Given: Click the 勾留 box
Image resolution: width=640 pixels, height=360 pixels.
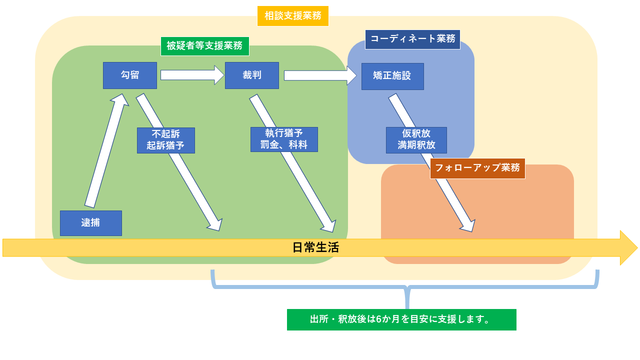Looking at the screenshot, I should click(130, 75).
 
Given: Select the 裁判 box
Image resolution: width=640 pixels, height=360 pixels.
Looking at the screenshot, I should click(251, 75).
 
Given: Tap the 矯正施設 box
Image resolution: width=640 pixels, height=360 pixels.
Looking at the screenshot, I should click(392, 76).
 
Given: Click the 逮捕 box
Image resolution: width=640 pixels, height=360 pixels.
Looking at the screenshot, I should click(90, 223).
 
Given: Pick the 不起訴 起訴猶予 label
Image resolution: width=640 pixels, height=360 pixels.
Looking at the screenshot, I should click(165, 140).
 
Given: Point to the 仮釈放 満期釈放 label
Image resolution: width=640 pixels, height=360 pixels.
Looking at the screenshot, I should click(416, 140).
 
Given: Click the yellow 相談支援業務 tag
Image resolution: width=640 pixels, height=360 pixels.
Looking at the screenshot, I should click(292, 15).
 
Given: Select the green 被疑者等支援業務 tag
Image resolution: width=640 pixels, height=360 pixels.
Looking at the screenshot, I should click(204, 46).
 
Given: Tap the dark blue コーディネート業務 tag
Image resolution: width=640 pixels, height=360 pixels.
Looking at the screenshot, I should click(412, 39).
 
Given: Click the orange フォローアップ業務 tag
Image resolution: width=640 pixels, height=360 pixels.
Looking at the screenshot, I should click(477, 168).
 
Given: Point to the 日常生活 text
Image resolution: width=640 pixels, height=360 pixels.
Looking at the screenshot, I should click(315, 247).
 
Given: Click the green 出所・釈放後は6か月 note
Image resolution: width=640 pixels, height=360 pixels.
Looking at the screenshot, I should click(401, 319).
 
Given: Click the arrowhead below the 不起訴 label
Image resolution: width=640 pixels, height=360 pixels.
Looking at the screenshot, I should click(215, 224).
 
